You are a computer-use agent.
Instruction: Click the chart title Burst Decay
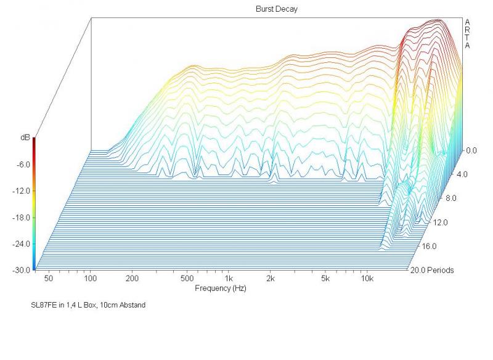(276, 9)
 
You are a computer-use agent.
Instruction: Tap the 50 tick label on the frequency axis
(48, 279)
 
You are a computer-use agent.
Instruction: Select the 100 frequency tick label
(90, 279)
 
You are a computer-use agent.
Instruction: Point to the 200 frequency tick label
(131, 279)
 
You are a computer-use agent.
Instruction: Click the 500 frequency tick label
(187, 279)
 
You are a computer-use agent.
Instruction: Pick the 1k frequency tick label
(228, 279)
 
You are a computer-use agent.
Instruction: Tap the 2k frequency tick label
(270, 279)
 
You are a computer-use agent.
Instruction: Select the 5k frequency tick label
(325, 279)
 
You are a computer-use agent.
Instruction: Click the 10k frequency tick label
(367, 279)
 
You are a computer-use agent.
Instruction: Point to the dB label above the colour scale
(25, 139)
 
